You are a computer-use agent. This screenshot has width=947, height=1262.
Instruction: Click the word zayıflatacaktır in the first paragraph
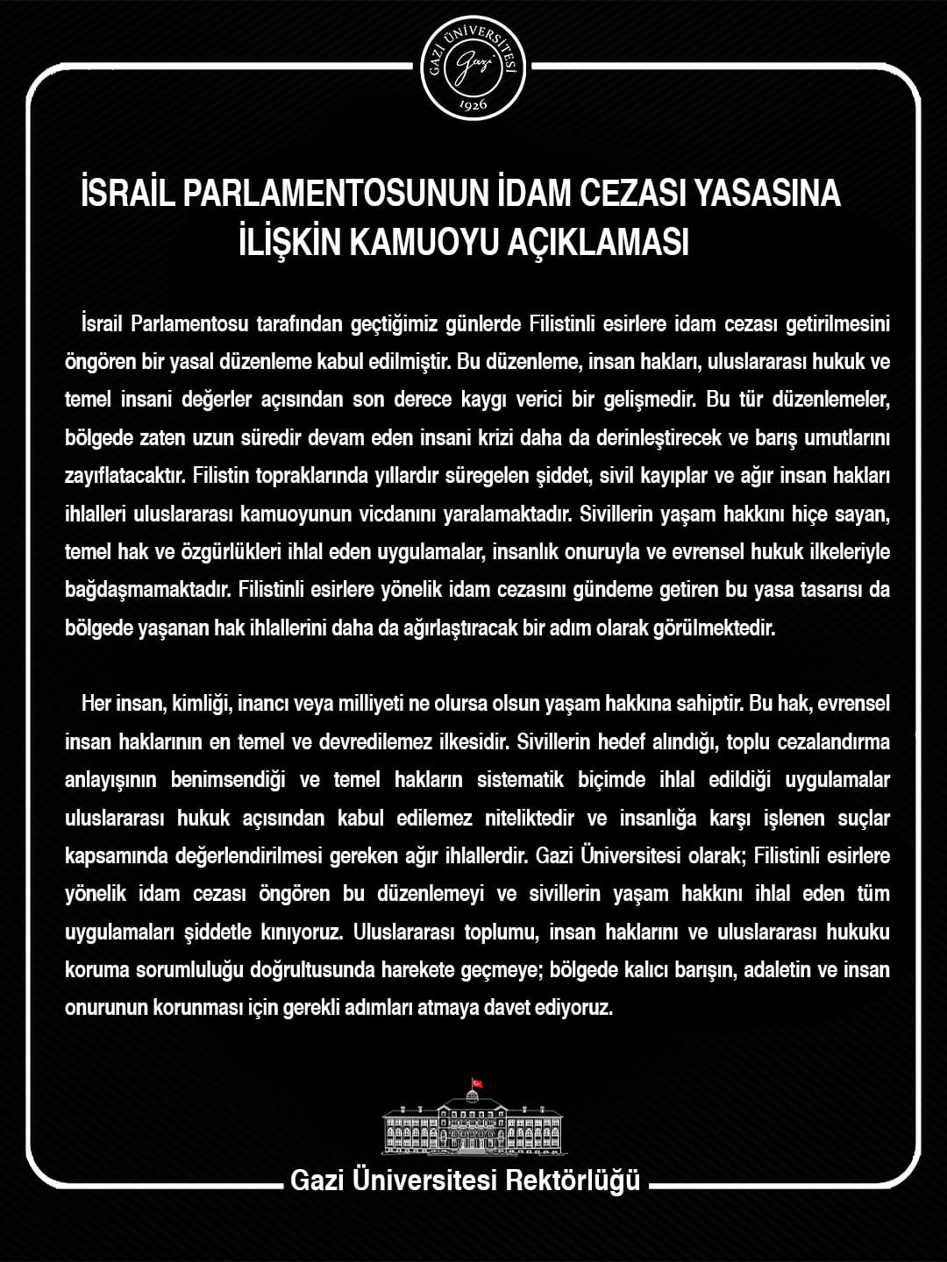[x=123, y=476]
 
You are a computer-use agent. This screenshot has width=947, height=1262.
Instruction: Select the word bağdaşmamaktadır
[x=146, y=589]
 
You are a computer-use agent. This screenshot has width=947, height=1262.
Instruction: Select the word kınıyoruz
[x=298, y=932]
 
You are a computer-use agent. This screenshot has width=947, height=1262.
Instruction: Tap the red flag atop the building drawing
[x=477, y=1084]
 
